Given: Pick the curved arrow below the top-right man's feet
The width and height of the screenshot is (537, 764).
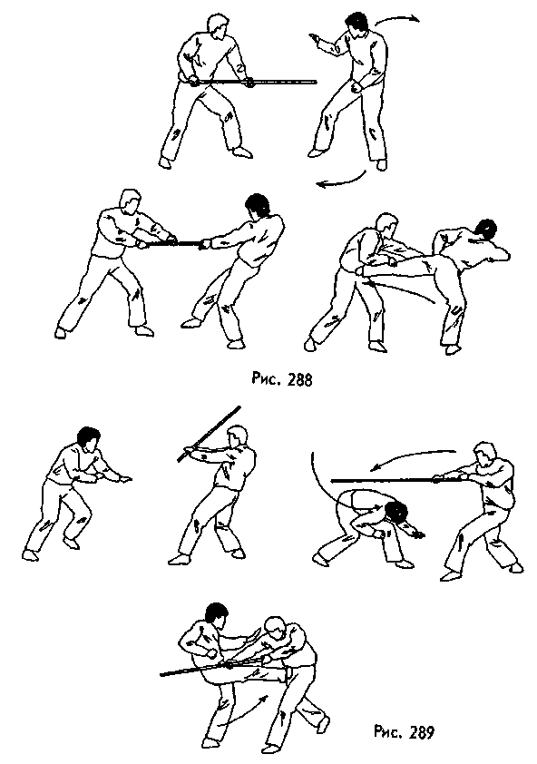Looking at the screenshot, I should (x=342, y=181).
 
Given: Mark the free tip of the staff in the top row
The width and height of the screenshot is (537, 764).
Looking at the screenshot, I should (x=314, y=83).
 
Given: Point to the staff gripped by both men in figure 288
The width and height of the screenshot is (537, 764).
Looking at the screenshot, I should (x=173, y=242).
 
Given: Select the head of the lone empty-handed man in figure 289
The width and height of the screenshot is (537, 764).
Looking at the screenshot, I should (x=88, y=439).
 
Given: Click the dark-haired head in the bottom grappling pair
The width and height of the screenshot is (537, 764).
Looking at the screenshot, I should (x=216, y=614).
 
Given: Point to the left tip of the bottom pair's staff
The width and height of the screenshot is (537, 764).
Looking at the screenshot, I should (x=161, y=674).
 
